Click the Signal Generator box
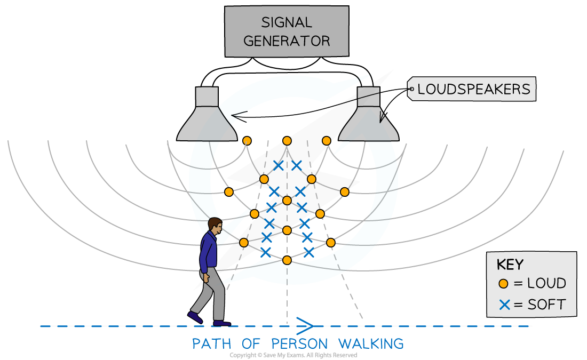click(x=287, y=31)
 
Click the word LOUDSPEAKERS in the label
click(x=474, y=89)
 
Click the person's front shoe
click(x=221, y=322)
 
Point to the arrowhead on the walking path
click(x=306, y=324)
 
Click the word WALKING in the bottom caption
click(x=371, y=343)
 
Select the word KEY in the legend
click(x=510, y=265)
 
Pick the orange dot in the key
click(x=503, y=284)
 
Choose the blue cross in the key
click(x=504, y=305)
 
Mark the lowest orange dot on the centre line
click(x=287, y=260)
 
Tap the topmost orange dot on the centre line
click(x=287, y=141)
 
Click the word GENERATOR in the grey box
click(x=287, y=41)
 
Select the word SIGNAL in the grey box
click(x=287, y=22)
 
